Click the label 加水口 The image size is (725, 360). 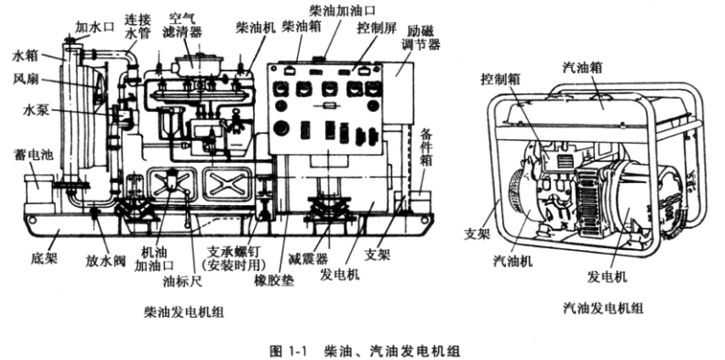point(94,27)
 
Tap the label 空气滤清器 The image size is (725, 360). point(182,26)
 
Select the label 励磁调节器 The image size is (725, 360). point(423,38)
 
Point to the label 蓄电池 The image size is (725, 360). point(33,155)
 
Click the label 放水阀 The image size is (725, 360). point(105,261)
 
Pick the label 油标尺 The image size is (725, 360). point(182,280)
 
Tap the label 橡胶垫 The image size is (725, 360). point(274,280)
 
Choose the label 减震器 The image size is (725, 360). point(307,258)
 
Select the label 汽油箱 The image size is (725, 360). point(583,68)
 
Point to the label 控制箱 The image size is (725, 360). point(500,79)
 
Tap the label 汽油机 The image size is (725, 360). point(512,261)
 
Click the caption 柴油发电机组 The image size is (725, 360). point(184,312)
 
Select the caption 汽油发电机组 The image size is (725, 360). point(603,308)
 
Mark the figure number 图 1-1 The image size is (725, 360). point(288,351)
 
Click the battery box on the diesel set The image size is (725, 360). point(38,189)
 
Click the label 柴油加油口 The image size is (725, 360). point(343,10)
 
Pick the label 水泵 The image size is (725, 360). point(36,110)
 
